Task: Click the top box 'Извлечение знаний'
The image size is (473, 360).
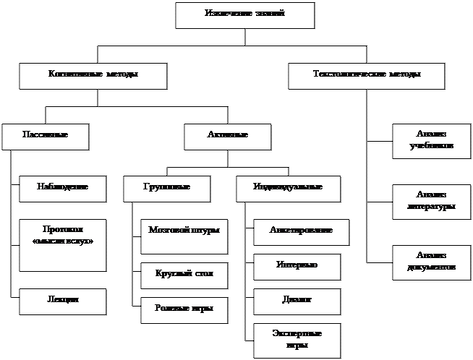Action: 244,15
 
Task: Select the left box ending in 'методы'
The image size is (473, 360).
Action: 93,76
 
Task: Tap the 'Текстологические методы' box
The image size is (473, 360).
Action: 366,76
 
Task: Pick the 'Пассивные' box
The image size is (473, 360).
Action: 45,137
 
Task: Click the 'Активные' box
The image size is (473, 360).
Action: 227,137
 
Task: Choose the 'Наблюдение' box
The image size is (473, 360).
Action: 62,188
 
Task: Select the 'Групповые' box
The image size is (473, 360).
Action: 167,188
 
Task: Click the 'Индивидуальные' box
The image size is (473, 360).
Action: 289,188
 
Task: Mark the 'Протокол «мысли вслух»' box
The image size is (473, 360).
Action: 62,244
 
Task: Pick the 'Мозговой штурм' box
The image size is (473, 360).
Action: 183,237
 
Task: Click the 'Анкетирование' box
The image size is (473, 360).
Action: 301,232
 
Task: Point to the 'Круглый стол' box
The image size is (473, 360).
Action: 183,275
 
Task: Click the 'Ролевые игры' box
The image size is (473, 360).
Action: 183,309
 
